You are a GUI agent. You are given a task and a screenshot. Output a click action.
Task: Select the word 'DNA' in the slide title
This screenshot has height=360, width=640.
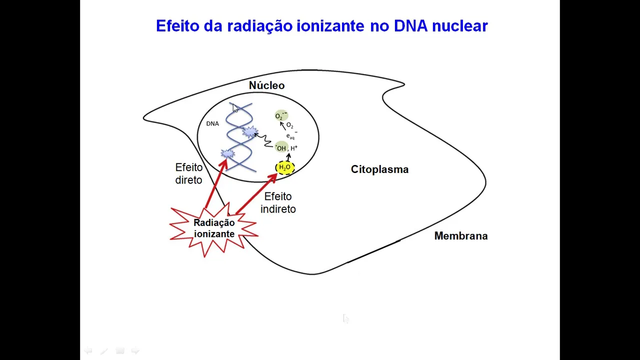tap(410, 26)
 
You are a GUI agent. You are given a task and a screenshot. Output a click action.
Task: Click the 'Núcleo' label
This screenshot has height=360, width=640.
tap(266, 85)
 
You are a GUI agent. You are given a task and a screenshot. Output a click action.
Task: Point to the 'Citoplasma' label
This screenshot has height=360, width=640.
tap(379, 169)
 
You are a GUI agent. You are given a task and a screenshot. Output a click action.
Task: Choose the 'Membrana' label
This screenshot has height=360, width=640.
tap(460, 236)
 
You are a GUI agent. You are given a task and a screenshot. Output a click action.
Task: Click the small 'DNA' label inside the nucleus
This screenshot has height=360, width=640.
tap(212, 123)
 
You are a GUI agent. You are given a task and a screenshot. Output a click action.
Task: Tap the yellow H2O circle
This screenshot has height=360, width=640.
tap(284, 167)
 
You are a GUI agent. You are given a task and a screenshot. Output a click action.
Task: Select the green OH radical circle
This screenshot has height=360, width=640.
tap(281, 148)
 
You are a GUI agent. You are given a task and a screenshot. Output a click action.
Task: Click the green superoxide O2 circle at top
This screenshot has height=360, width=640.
tap(280, 116)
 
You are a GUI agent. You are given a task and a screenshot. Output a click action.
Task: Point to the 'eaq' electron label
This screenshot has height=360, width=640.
tap(290, 136)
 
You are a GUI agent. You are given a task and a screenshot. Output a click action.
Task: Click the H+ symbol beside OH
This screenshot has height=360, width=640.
tap(294, 148)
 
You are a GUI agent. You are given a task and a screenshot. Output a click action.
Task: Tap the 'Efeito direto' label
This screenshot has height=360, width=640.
tap(188, 173)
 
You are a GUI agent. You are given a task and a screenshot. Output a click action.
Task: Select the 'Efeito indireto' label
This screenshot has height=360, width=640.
tap(278, 202)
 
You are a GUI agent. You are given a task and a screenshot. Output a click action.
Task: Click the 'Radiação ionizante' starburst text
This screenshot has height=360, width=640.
tap(214, 228)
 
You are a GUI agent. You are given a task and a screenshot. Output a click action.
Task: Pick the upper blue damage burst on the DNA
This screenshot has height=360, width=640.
tap(249, 132)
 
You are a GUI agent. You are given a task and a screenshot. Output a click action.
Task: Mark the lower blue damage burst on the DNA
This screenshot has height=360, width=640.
tap(227, 154)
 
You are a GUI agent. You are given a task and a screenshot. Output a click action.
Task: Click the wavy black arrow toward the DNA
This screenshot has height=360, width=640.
tap(264, 139)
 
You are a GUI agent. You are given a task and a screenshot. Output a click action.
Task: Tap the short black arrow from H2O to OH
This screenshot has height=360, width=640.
tap(288, 157)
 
